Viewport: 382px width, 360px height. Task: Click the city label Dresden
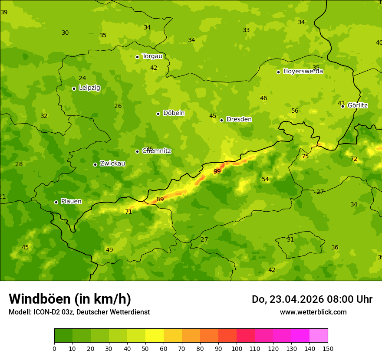[239, 119]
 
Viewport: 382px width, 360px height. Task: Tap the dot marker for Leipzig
[74, 88]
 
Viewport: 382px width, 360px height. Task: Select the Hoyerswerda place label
[303, 71]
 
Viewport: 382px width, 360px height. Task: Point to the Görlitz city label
[357, 105]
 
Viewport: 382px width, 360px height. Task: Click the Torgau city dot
[137, 57]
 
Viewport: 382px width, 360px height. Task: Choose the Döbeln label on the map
[174, 113]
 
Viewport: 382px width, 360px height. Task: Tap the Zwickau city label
[112, 164]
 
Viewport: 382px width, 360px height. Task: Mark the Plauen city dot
[56, 202]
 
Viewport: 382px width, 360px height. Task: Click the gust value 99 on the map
[217, 171]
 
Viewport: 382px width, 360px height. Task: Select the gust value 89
[160, 199]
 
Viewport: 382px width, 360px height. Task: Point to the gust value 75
[305, 156]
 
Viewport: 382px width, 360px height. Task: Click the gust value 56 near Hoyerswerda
[295, 111]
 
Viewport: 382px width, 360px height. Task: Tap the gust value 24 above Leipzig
[82, 78]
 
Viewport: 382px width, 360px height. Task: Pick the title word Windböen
[40, 299]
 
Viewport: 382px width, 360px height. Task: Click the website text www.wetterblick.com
[313, 312]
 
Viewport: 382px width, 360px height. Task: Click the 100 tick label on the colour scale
[237, 348]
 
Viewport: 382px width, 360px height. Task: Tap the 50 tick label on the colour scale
[145, 348]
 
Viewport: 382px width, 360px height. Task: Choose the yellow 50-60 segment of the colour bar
[155, 336]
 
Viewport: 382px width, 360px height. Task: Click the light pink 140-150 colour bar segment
[319, 336]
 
